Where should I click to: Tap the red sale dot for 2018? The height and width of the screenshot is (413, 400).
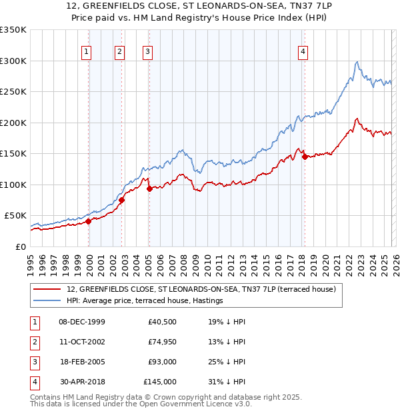(305, 157)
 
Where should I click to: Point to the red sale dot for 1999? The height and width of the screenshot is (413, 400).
(88, 222)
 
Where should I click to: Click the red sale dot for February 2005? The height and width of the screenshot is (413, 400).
(149, 189)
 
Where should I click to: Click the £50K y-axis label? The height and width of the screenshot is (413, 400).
(15, 216)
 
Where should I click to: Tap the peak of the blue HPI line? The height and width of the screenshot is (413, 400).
(357, 62)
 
